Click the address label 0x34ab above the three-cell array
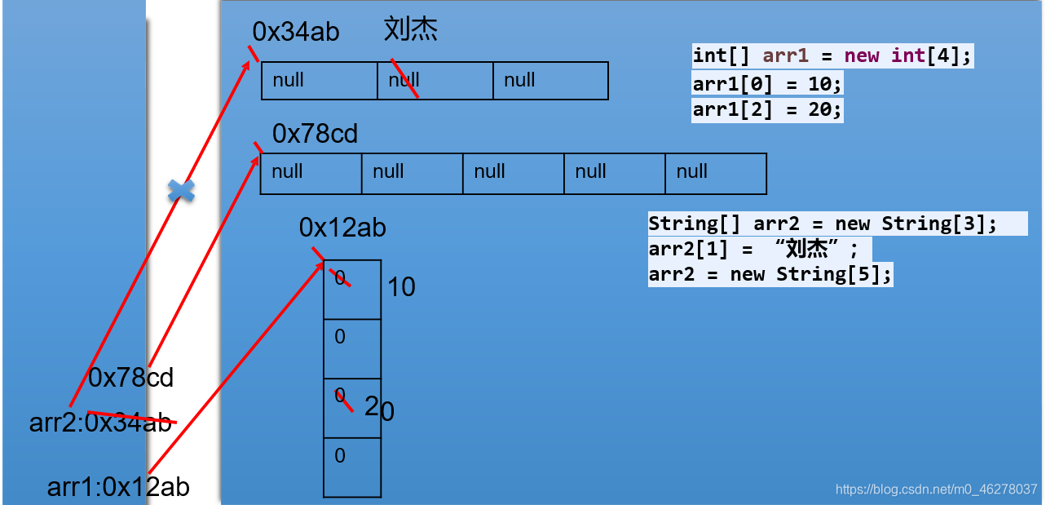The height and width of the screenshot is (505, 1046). [x=296, y=32]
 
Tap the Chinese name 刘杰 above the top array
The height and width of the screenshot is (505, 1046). [x=411, y=30]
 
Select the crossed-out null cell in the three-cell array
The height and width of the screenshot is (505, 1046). [x=435, y=81]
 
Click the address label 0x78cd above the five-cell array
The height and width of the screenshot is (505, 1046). [x=316, y=134]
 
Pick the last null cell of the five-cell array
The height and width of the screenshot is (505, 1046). [x=715, y=173]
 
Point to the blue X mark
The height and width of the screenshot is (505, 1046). [x=181, y=191]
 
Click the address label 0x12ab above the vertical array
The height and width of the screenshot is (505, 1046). [x=342, y=228]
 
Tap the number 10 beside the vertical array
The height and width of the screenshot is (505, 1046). [x=401, y=287]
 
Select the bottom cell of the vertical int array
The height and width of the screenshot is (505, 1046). [x=352, y=467]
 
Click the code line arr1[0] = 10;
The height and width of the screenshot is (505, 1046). [x=767, y=84]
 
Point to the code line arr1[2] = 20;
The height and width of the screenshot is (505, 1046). [x=767, y=109]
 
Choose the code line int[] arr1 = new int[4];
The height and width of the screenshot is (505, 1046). [x=832, y=55]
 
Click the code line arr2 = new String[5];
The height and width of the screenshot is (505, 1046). [x=770, y=274]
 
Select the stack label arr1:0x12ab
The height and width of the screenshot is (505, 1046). [x=118, y=487]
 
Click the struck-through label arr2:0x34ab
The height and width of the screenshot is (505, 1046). [x=101, y=423]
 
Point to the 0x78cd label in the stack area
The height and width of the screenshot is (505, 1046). [x=130, y=378]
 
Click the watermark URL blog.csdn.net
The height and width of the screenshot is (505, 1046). [x=937, y=489]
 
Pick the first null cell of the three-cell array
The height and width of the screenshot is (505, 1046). [x=319, y=81]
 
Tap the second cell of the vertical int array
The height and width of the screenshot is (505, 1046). [x=352, y=348]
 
